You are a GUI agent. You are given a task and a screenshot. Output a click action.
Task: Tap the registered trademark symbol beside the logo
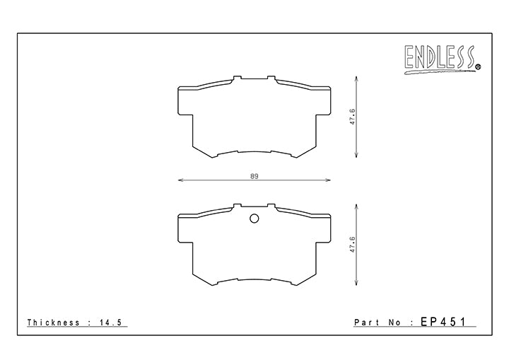(x=478, y=68)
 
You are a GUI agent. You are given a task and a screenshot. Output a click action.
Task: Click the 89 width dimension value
(x=254, y=175)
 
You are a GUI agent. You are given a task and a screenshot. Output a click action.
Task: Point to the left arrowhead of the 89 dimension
(x=179, y=181)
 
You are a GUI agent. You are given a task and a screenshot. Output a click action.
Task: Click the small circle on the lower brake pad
(x=254, y=218)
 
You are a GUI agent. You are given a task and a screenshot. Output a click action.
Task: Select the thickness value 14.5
(x=113, y=323)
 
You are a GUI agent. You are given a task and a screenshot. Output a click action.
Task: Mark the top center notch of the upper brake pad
(x=254, y=79)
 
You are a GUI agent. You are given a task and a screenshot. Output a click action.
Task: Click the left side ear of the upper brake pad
(x=184, y=101)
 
